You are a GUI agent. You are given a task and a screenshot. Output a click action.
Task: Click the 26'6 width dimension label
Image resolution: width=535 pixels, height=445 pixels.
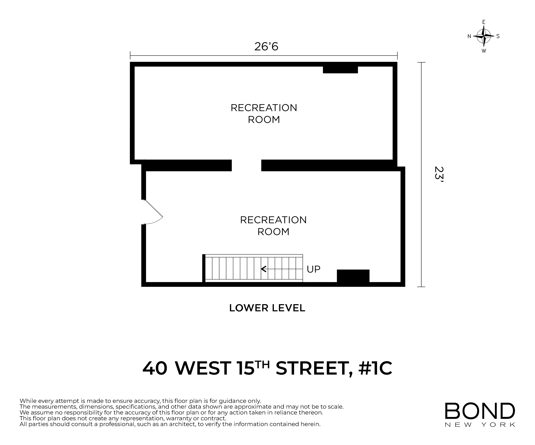point(266,47)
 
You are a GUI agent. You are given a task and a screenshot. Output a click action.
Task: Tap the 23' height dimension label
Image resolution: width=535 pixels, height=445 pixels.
point(439,176)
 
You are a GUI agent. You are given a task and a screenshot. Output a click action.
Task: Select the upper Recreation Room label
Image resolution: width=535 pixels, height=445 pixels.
point(264,113)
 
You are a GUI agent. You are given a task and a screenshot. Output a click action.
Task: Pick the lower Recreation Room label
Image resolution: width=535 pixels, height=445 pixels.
point(273,226)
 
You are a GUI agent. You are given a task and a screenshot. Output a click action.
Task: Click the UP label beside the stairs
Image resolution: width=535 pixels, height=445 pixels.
point(313,269)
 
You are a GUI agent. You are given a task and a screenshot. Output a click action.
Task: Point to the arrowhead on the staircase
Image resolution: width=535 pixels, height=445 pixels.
point(263,269)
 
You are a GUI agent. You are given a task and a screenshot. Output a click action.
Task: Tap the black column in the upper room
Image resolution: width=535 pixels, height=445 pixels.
point(340,70)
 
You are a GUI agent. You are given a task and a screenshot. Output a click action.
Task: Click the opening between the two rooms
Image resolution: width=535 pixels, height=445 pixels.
point(246,165)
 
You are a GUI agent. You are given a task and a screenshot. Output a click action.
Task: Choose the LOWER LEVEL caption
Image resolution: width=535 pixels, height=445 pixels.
point(267,308)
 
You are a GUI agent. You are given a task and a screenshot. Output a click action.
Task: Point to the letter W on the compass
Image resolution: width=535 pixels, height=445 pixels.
point(484,51)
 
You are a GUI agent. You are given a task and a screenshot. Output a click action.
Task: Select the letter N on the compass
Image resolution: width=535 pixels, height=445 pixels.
point(469,36)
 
